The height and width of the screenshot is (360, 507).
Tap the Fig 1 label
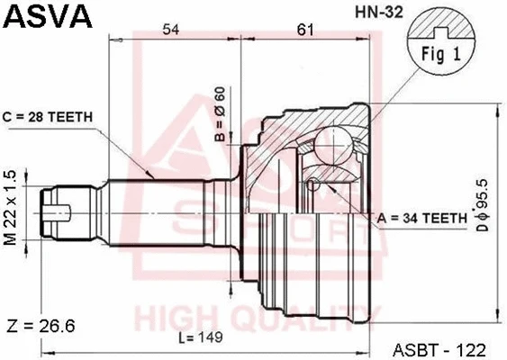point(441,52)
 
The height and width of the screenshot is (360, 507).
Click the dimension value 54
point(170,31)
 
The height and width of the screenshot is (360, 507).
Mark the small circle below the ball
point(312,185)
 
